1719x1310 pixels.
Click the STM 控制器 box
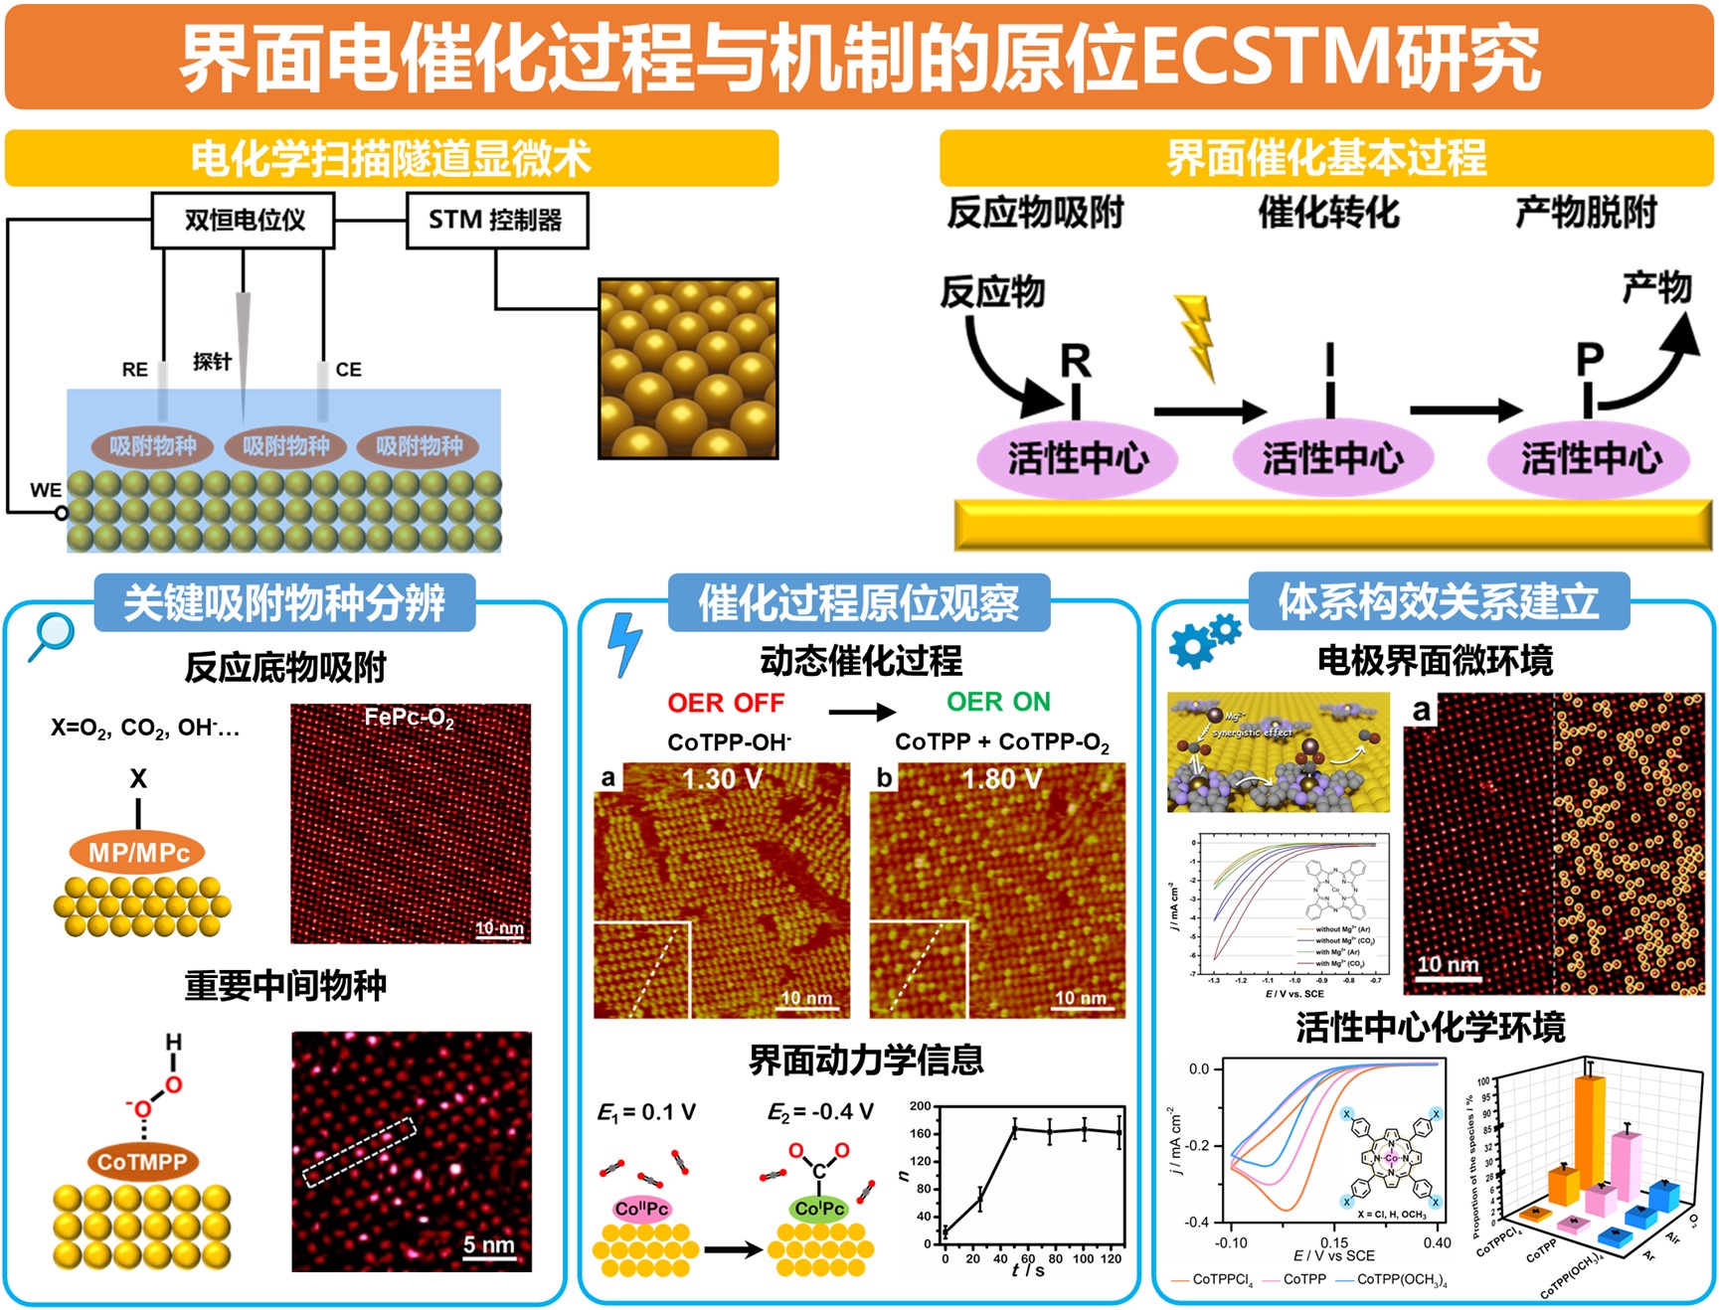496,220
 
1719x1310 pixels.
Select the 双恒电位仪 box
243,220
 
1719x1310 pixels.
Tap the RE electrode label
134,370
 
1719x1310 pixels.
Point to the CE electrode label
348,370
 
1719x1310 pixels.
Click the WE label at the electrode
46,490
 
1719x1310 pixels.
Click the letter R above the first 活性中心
1075,362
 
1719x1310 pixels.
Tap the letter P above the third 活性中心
1590,360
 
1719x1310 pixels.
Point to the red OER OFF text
726,703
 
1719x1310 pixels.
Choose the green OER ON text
998,702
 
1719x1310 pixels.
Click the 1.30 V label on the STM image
723,779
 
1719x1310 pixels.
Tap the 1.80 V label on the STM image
1001,779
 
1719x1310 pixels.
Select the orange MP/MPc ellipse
138,853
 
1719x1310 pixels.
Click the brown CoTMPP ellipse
142,1162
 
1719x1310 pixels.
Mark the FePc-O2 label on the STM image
409,718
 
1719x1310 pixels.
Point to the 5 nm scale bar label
488,1244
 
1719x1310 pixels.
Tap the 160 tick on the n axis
921,1133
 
